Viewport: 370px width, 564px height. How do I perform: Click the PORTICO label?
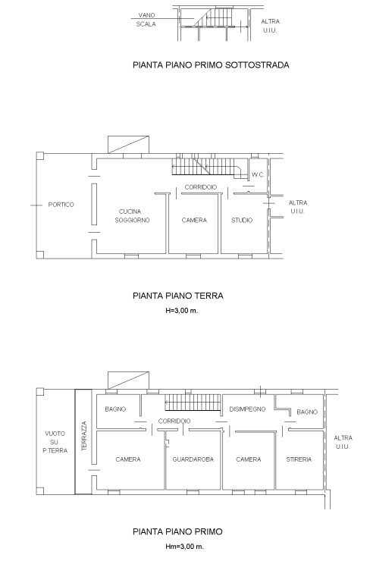(61, 205)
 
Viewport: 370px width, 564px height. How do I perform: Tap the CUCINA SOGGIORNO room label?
(132, 216)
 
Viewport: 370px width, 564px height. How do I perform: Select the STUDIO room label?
(242, 220)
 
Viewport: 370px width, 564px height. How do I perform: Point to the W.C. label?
(258, 175)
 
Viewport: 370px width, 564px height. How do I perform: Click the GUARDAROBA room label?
(193, 459)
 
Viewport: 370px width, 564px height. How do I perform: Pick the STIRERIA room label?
(299, 459)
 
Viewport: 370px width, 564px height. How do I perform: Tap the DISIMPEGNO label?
(248, 409)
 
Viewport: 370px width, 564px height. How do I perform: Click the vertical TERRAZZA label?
(84, 437)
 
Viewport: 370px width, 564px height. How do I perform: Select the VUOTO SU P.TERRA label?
(55, 442)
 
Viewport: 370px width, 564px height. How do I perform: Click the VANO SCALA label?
(146, 20)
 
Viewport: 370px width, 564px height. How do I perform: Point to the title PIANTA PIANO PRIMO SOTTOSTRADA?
(212, 65)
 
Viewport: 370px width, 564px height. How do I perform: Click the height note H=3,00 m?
(182, 311)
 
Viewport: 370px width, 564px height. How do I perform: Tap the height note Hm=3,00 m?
(184, 547)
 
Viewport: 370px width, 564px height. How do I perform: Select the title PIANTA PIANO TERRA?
(178, 296)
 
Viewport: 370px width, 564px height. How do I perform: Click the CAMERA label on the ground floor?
(194, 220)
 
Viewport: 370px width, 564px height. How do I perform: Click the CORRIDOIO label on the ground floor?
(201, 187)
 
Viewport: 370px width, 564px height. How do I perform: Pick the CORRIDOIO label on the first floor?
(174, 421)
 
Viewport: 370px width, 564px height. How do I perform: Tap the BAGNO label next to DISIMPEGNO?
(307, 412)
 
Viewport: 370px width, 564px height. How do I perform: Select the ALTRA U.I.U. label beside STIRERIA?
(343, 442)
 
